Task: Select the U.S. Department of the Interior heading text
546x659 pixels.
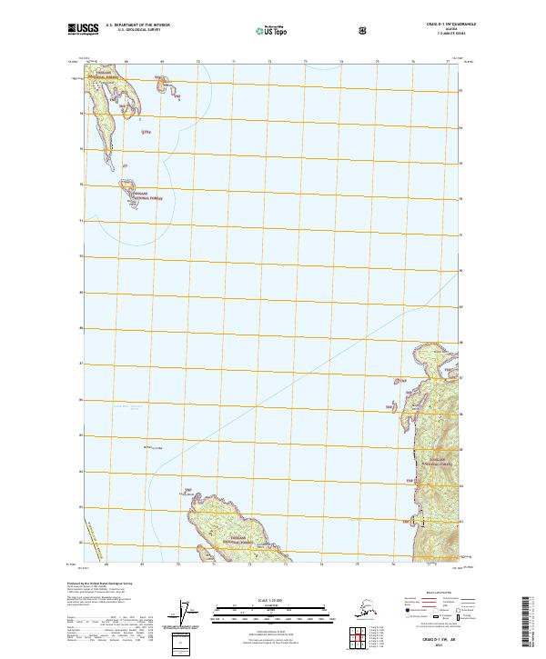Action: [x=137, y=25]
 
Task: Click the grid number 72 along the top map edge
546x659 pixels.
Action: [x=269, y=63]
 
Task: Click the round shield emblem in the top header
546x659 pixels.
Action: [x=365, y=30]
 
